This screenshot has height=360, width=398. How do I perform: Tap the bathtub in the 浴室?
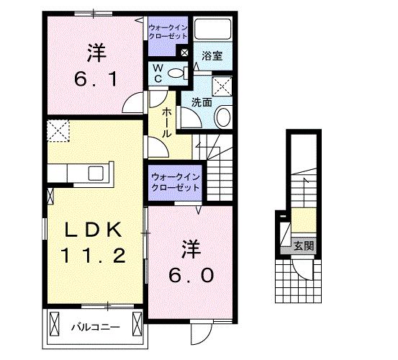[x=212, y=30]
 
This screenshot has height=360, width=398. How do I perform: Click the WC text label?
[x=157, y=72]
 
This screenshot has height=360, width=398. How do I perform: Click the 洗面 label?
[x=202, y=102]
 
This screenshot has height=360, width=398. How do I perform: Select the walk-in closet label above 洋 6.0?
[x=175, y=181]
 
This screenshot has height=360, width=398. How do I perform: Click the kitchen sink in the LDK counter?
[x=95, y=174]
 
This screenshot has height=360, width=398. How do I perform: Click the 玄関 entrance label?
[x=303, y=245]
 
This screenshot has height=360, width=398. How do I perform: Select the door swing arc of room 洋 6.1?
[x=134, y=105]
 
